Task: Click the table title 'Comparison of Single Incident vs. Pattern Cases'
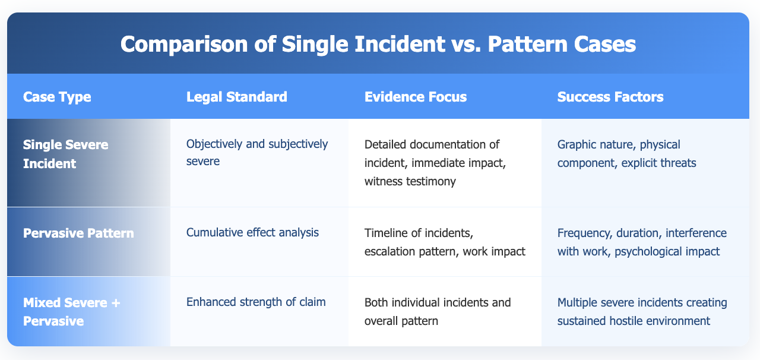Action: (x=378, y=44)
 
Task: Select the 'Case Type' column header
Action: (x=57, y=97)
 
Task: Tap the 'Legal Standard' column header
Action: (x=237, y=97)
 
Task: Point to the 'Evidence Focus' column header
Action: (x=416, y=97)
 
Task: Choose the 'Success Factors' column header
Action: (x=610, y=97)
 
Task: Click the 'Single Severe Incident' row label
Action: (x=65, y=154)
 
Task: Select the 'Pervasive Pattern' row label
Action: (x=78, y=233)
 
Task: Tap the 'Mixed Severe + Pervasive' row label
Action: (x=72, y=311)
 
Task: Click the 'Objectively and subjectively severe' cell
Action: (x=257, y=153)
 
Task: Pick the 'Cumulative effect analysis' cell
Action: (x=252, y=232)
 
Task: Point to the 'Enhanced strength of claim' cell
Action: (x=256, y=302)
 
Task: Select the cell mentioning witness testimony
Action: (x=435, y=163)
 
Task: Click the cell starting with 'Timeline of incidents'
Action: (x=445, y=242)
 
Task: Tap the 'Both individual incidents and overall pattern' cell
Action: (x=438, y=311)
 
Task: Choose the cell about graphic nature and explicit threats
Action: (x=626, y=154)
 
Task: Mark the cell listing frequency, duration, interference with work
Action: (x=642, y=242)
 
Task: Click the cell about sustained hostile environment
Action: (x=642, y=311)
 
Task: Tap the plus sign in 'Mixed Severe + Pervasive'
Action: (x=116, y=302)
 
